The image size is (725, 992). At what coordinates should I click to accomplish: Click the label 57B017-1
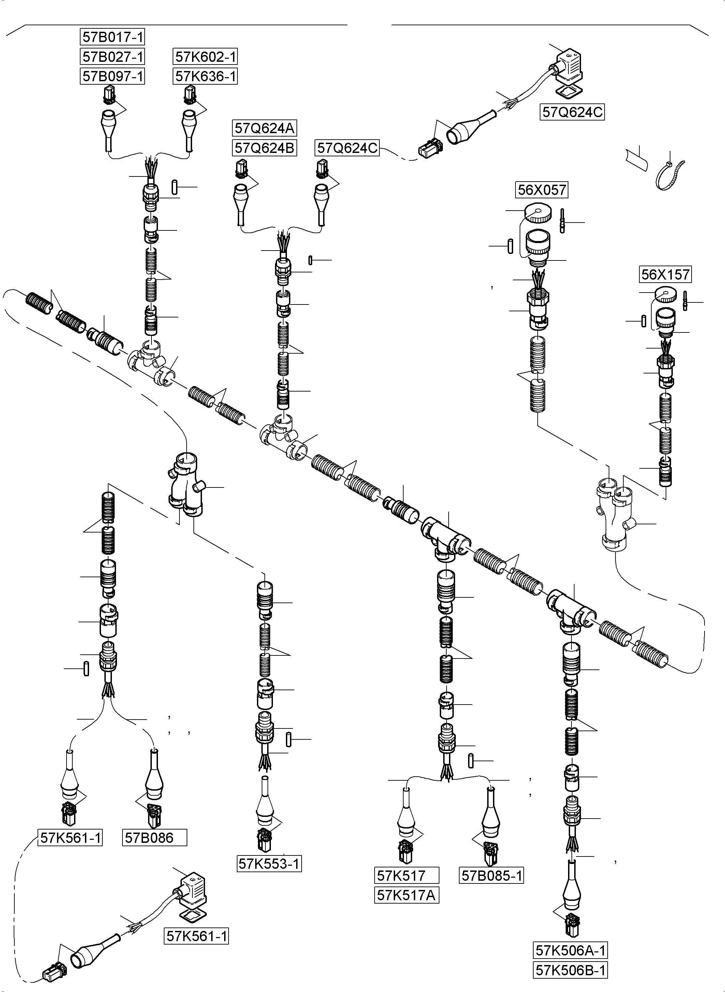point(113,37)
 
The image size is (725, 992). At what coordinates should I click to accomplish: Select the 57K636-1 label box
point(205,76)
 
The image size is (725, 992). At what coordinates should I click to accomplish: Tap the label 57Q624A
point(264,128)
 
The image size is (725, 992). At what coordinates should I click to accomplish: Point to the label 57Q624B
point(264,148)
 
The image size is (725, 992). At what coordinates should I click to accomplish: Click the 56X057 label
point(541,190)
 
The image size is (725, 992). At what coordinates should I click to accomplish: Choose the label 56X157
point(665,274)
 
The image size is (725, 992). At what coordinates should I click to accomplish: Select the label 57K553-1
point(269,864)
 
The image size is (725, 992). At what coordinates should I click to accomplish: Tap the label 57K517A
point(406,895)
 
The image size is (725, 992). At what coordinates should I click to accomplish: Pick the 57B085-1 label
point(492,876)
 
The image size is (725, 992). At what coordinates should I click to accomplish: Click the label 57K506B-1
point(570,970)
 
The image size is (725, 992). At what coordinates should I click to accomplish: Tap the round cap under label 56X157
point(665,295)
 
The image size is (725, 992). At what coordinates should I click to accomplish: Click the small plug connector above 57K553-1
point(265,839)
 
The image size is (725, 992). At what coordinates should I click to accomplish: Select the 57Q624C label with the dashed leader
point(347,148)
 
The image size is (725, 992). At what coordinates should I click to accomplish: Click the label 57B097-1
point(113,76)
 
